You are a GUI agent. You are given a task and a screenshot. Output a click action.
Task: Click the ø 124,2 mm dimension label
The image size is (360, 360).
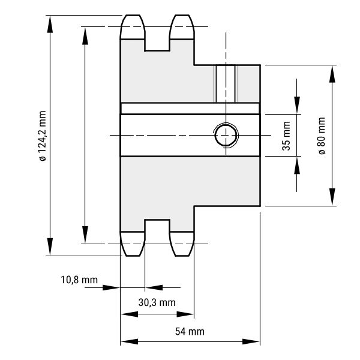coord(43,136)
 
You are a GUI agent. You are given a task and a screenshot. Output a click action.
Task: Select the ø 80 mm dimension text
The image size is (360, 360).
coord(322,136)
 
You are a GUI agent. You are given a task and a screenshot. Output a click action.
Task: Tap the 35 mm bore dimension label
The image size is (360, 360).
coord(286,136)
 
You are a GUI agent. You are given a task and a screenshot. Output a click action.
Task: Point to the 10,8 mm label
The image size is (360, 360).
coord(79,280)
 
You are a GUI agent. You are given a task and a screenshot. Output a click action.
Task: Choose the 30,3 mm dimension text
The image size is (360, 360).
coord(157,302)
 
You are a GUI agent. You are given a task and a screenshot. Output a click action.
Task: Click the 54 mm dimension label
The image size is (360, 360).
coord(190,332)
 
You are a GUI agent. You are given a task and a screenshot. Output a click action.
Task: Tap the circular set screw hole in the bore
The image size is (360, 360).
coord(226,135)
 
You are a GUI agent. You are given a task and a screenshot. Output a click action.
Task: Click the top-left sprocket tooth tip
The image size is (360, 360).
coord(133,16)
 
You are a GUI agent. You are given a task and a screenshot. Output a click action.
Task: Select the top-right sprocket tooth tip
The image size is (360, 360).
coord(182,16)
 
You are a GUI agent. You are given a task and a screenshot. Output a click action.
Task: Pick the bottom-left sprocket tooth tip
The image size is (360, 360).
coord(133,256)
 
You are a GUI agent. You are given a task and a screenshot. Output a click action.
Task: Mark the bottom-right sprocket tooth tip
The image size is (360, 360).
coord(182,256)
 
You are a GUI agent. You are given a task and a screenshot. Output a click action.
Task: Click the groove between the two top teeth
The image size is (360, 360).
coord(157,45)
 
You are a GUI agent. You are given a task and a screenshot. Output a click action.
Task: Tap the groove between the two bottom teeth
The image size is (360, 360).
coord(157,226)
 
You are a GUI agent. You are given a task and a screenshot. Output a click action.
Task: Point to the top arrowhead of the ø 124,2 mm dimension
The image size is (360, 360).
coord(50,24)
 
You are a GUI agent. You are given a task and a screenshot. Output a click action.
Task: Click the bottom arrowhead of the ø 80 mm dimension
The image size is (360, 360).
coord(332,197)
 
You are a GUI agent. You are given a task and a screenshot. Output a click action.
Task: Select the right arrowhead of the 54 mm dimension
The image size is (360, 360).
coord(251,341)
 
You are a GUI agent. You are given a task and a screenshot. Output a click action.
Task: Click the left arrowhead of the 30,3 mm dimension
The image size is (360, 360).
coord(130,314)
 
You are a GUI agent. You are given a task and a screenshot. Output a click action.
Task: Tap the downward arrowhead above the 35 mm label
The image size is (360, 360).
coord(297,105)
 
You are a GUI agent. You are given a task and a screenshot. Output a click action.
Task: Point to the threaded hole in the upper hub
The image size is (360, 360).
coord(226,84)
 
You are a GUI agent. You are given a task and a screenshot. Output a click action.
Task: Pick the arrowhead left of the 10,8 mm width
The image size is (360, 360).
coord(111,287)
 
